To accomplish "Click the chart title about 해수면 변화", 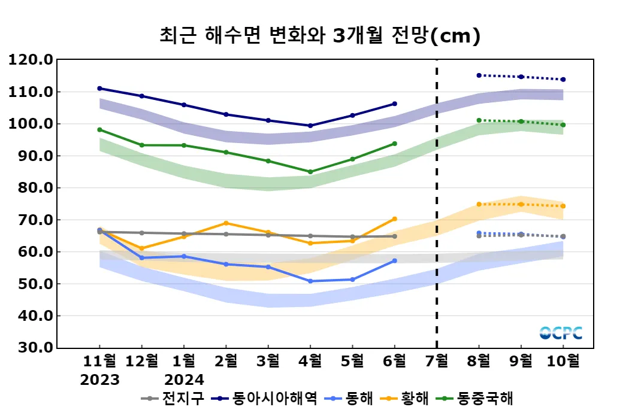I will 320,36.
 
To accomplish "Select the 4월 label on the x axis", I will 310,361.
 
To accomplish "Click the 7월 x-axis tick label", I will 436,361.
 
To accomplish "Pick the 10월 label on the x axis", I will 563,361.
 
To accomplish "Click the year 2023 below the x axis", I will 99,379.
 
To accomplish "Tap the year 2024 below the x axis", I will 184,379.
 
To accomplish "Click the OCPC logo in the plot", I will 561,333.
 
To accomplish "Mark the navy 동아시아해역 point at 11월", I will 99,89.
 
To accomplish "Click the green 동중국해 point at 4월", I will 310,172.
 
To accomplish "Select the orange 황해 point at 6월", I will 394,219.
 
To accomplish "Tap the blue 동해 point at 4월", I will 310,281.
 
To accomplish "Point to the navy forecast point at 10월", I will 563,80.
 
